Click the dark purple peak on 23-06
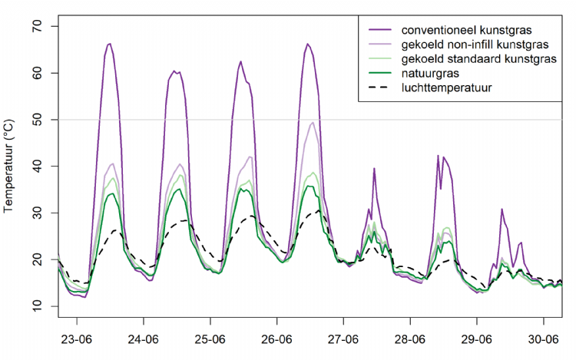coord(109,44)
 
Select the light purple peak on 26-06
coord(313,123)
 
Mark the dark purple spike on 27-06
coord(374,169)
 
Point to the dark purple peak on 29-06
coord(502,209)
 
